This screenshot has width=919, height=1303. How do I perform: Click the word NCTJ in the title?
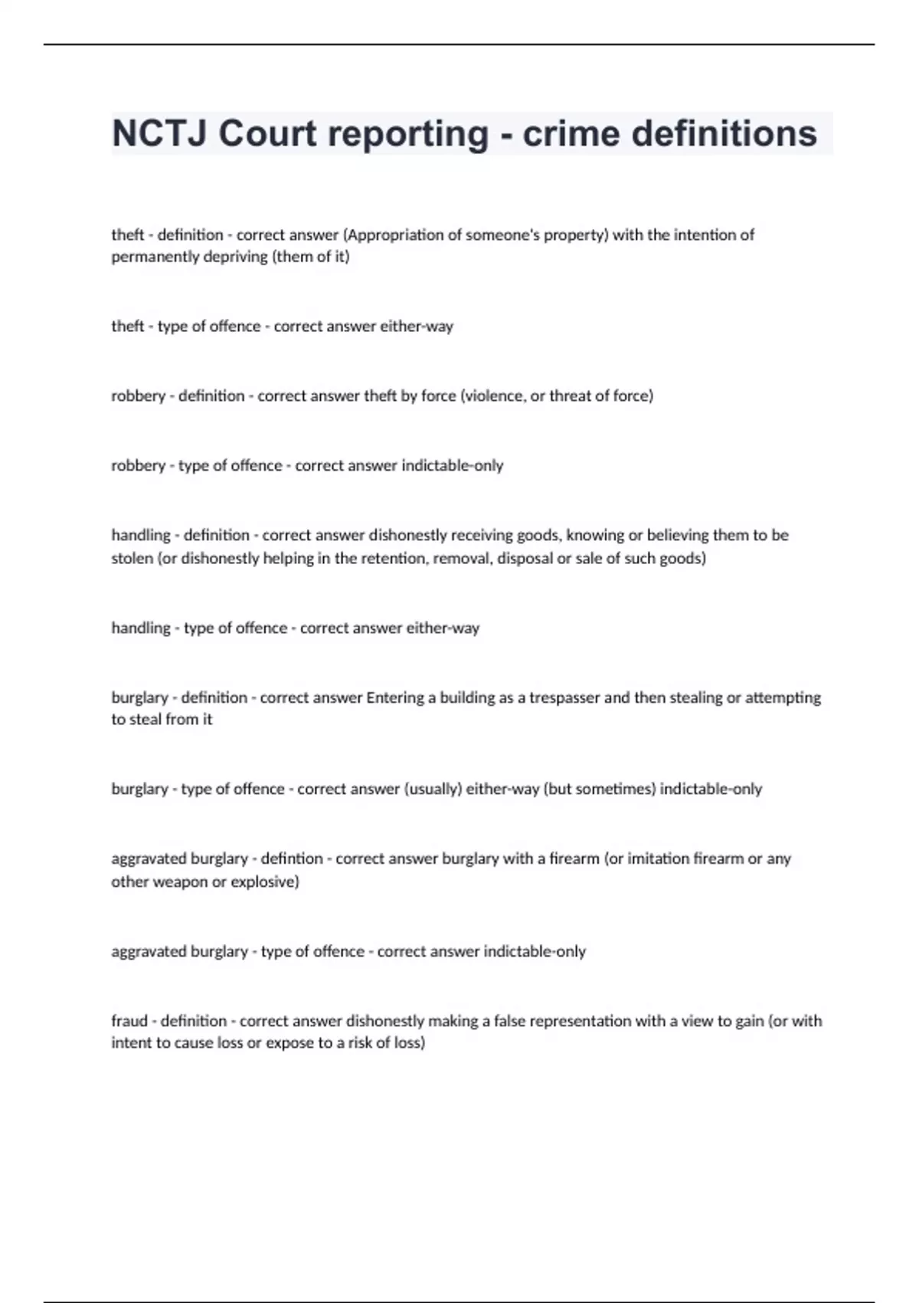[160, 133]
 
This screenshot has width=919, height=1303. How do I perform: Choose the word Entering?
[395, 697]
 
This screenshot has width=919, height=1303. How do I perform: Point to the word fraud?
[129, 1021]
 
